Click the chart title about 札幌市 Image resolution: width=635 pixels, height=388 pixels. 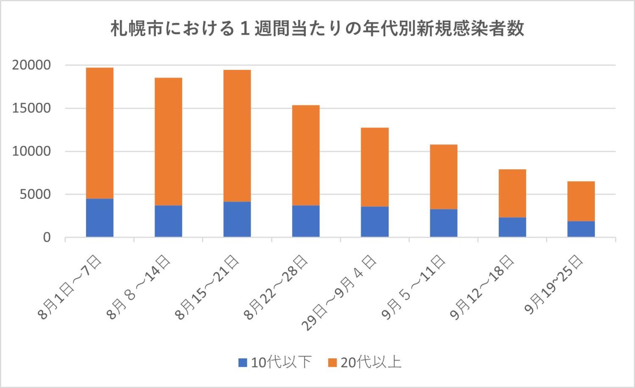tap(317, 29)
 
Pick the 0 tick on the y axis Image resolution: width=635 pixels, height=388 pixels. tap(46, 238)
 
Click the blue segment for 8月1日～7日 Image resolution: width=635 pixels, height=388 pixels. tap(99, 217)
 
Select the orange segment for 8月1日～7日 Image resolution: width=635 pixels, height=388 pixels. tap(99, 133)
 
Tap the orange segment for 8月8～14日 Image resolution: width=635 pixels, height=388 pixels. tap(168, 141)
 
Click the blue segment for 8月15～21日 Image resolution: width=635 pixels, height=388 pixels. tap(237, 219)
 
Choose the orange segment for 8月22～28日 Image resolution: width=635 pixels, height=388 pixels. tap(306, 155)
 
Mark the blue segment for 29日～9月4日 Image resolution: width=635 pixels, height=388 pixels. tap(375, 221)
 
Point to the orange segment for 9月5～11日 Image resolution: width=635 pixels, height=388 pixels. tap(443, 176)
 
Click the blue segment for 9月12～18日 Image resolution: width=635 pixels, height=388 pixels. tap(512, 227)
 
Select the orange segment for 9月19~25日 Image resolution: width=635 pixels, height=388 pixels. tap(581, 201)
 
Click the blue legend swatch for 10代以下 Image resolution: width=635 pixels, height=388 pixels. tap(243, 363)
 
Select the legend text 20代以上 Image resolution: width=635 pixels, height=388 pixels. tap(371, 363)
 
